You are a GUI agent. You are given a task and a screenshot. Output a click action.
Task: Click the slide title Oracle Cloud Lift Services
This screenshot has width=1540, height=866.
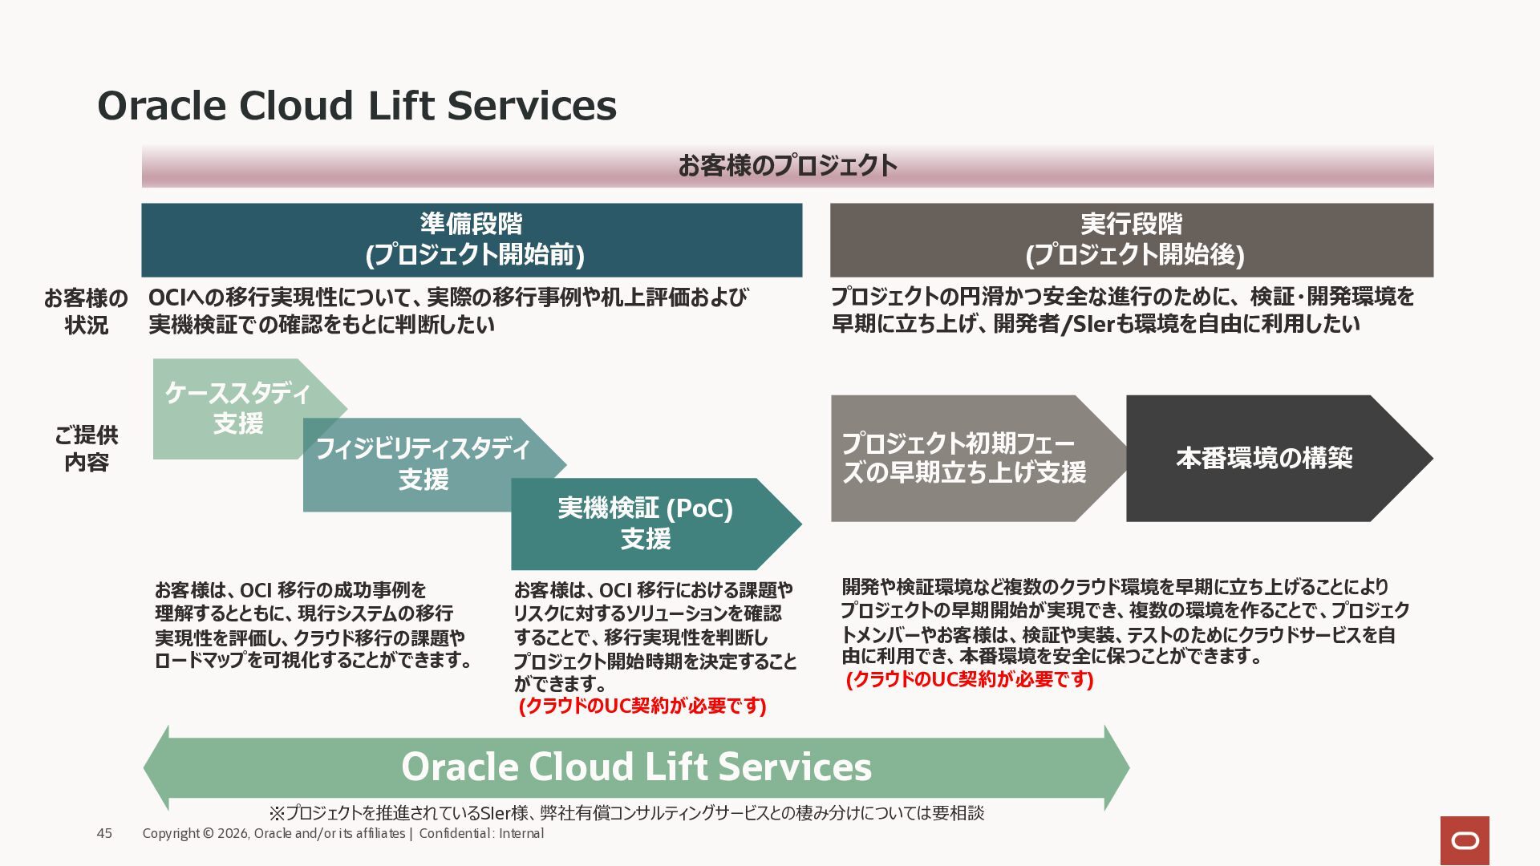357,106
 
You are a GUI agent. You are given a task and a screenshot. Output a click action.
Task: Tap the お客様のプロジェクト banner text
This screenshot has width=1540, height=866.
787,166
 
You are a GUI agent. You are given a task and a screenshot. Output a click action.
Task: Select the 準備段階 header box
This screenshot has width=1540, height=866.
472,240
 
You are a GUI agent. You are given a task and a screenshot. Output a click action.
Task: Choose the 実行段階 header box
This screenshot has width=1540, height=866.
1132,240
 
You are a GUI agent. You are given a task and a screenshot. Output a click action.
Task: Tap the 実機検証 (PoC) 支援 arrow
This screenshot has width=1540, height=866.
646,524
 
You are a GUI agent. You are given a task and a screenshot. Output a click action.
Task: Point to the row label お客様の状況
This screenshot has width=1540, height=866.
86,311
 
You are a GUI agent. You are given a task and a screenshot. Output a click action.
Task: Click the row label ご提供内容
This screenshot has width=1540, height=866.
86,448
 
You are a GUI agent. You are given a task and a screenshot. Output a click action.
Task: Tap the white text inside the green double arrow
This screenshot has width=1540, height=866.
636,767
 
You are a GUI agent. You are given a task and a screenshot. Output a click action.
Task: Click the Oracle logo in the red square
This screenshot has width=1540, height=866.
1465,840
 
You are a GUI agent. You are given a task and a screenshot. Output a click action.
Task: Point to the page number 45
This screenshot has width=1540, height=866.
104,834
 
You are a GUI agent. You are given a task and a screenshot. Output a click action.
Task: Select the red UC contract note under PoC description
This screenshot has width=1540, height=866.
643,706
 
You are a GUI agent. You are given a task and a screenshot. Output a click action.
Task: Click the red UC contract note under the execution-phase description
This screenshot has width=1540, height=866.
970,679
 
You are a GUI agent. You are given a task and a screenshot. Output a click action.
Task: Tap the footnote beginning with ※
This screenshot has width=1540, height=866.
626,813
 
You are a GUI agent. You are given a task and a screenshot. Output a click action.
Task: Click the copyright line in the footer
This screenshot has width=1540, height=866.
343,834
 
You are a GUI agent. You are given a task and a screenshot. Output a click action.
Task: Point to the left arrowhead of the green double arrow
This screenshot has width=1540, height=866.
156,767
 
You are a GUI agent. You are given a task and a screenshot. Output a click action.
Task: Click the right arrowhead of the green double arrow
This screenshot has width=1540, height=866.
1117,767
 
